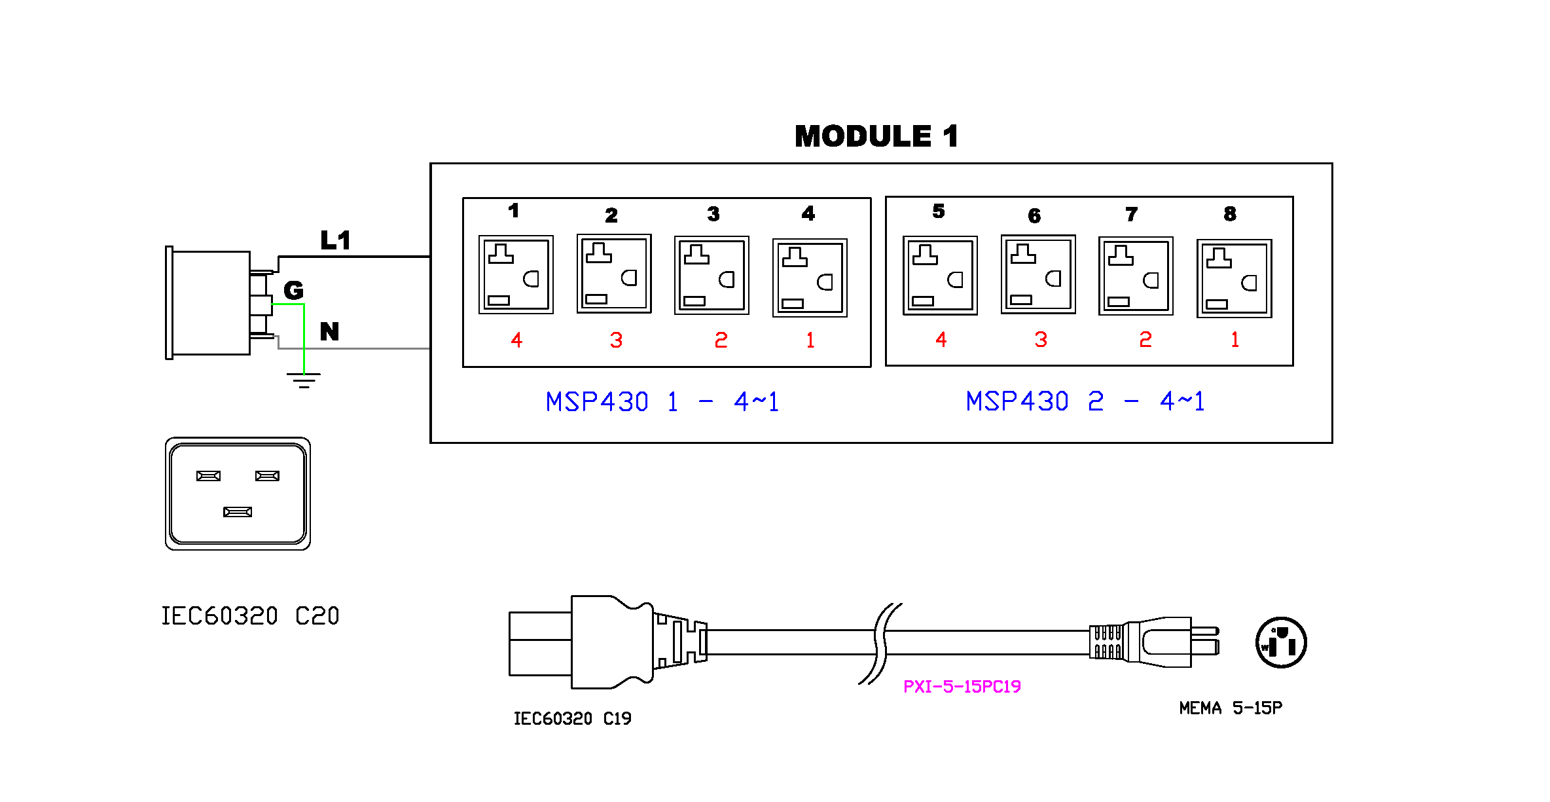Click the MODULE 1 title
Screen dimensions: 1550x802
[876, 136]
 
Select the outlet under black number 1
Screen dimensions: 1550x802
[516, 274]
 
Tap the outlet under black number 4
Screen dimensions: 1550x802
[810, 278]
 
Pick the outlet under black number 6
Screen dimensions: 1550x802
[1038, 274]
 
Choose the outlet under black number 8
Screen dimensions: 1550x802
[1235, 278]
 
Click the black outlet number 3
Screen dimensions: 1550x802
[713, 214]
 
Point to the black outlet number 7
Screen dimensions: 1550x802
[1132, 214]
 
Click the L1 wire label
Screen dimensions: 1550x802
[335, 240]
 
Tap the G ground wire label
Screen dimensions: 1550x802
[293, 290]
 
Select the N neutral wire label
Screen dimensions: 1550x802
[329, 331]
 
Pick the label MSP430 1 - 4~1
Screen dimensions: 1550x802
[662, 401]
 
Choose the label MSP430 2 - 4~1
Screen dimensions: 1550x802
[1085, 401]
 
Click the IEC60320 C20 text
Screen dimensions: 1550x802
[251, 616]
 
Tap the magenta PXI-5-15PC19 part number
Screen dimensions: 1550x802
[962, 686]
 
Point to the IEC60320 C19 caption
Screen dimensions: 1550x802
[573, 719]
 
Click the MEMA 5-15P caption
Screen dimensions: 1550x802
[1231, 708]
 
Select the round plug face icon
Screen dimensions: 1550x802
[1281, 642]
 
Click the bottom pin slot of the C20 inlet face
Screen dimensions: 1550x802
[238, 512]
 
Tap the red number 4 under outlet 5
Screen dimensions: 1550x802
[941, 339]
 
